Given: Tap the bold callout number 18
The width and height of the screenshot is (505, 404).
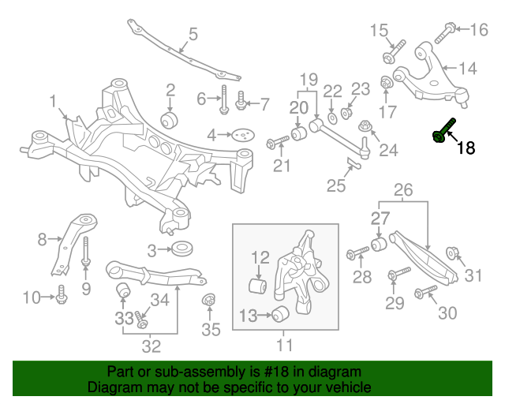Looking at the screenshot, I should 466,147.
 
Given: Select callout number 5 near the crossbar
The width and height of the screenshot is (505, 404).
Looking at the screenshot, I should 193,34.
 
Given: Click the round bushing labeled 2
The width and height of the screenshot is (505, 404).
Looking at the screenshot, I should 170,121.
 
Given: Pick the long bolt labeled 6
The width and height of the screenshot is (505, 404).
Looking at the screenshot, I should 224,99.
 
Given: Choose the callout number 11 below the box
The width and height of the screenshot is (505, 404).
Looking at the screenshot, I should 284,345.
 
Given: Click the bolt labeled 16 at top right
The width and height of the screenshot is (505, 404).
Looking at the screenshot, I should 444,32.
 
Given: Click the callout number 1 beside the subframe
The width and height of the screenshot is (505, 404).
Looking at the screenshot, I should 53,102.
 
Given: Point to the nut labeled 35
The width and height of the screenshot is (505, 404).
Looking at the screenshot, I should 210,301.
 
